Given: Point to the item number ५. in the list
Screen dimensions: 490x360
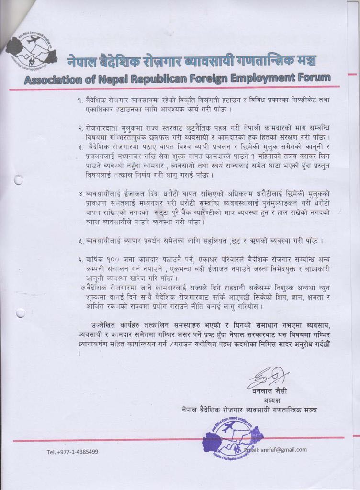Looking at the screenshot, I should (x=81, y=240).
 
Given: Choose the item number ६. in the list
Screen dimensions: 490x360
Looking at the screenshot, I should (x=81, y=259).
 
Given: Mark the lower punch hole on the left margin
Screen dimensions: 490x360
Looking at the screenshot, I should (x=20, y=313).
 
